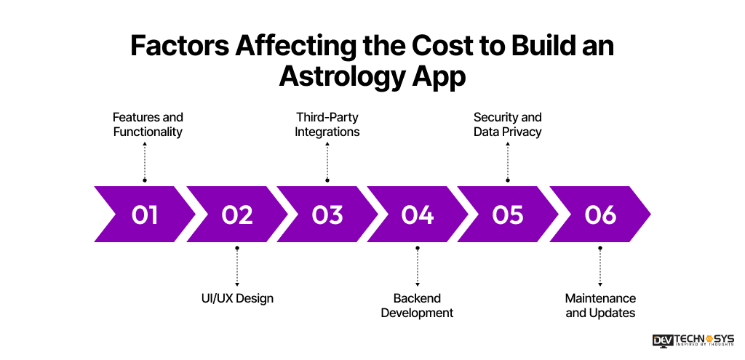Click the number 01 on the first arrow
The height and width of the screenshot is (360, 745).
click(144, 215)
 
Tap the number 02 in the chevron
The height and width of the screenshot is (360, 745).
click(237, 215)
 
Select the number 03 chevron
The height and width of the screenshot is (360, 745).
click(327, 215)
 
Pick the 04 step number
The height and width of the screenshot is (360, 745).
click(418, 215)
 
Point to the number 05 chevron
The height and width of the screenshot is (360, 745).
click(508, 215)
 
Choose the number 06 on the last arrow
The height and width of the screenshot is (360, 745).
click(600, 215)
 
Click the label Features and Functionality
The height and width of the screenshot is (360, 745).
click(148, 124)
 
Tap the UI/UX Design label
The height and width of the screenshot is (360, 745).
click(237, 298)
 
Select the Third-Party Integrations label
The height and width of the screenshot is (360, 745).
click(327, 124)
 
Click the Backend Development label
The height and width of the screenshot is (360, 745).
click(418, 305)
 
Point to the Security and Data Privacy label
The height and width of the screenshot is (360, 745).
click(508, 124)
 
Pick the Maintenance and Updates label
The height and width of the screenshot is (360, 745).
click(600, 305)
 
